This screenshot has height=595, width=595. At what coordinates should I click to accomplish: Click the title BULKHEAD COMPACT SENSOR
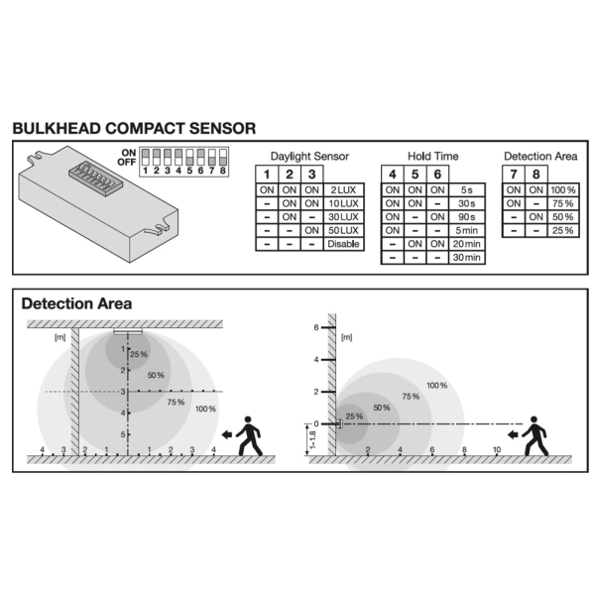(134, 128)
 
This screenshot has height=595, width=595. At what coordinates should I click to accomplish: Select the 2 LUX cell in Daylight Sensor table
(343, 189)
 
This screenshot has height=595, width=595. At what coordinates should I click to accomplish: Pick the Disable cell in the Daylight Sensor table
(343, 244)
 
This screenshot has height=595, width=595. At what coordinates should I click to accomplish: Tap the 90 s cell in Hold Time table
(466, 217)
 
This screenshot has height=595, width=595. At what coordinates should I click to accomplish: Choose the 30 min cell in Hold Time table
(466, 257)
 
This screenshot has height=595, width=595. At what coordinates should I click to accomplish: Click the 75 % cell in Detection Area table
(562, 203)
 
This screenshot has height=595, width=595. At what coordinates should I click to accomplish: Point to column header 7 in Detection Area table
(514, 175)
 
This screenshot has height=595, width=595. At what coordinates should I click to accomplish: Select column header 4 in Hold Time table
(393, 175)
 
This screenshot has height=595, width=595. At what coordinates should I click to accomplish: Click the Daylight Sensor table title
(309, 156)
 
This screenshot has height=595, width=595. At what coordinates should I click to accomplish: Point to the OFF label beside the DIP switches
(127, 162)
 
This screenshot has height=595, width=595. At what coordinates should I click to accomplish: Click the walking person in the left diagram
(249, 436)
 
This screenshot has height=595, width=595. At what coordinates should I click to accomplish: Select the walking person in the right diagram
(535, 436)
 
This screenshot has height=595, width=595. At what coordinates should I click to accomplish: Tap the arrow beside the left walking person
(227, 435)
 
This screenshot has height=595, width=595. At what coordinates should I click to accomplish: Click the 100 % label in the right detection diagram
(436, 386)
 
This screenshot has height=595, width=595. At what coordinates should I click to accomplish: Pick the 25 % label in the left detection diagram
(139, 354)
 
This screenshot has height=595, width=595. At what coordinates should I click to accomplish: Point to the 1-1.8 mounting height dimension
(312, 439)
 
